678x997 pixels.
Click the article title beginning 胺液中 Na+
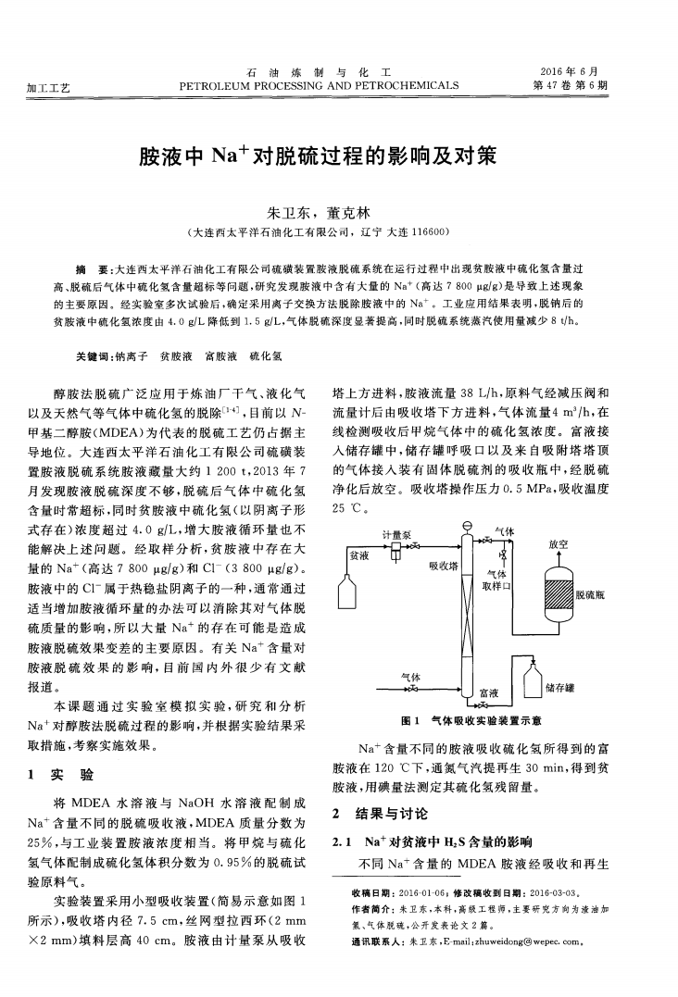coord(318,155)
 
